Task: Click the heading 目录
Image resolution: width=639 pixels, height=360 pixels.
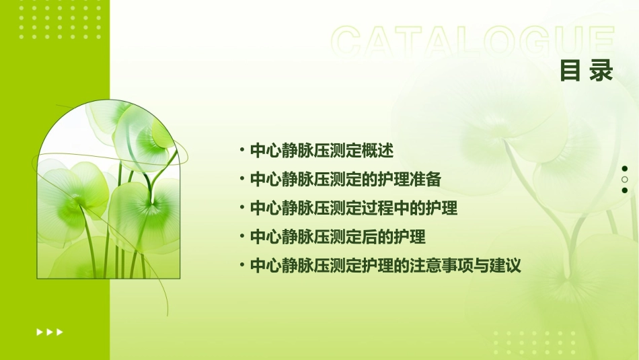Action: click(587, 71)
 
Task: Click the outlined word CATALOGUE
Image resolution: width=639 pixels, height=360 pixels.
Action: click(473, 42)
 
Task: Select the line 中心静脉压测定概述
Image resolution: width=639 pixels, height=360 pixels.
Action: click(321, 150)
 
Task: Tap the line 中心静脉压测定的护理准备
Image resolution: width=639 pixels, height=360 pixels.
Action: click(345, 179)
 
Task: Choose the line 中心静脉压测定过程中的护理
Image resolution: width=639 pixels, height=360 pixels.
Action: click(353, 208)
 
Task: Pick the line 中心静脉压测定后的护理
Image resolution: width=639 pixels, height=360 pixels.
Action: click(337, 237)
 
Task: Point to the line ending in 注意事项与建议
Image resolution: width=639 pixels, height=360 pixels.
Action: click(385, 266)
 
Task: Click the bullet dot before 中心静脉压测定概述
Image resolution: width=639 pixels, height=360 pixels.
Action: click(241, 149)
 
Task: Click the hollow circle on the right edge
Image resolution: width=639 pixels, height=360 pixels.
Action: click(625, 180)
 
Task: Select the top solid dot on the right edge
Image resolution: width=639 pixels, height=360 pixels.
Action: click(625, 168)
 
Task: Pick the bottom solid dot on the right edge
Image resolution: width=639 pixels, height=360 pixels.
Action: click(625, 190)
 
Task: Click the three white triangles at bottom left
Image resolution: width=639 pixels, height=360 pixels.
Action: click(50, 332)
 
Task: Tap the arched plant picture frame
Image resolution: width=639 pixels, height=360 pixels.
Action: click(108, 192)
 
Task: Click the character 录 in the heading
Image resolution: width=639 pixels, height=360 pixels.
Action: click(601, 71)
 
